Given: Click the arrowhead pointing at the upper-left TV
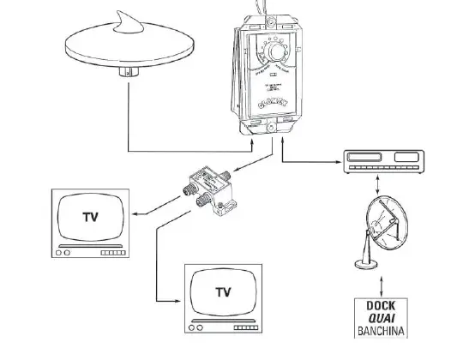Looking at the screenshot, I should coord(138,215).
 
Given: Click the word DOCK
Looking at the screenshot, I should coord(378,306).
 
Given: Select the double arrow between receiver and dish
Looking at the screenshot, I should coord(378,183).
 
